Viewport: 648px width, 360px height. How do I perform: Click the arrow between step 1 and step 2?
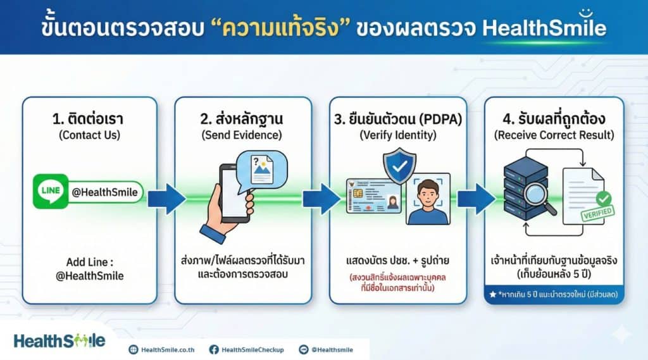(x=166, y=199)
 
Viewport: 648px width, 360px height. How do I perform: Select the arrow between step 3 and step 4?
(x=475, y=199)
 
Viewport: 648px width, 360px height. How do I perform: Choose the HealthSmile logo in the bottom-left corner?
(x=59, y=341)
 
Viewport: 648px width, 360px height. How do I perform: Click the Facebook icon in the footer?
(x=214, y=349)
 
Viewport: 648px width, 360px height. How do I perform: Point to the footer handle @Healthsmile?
(x=332, y=349)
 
